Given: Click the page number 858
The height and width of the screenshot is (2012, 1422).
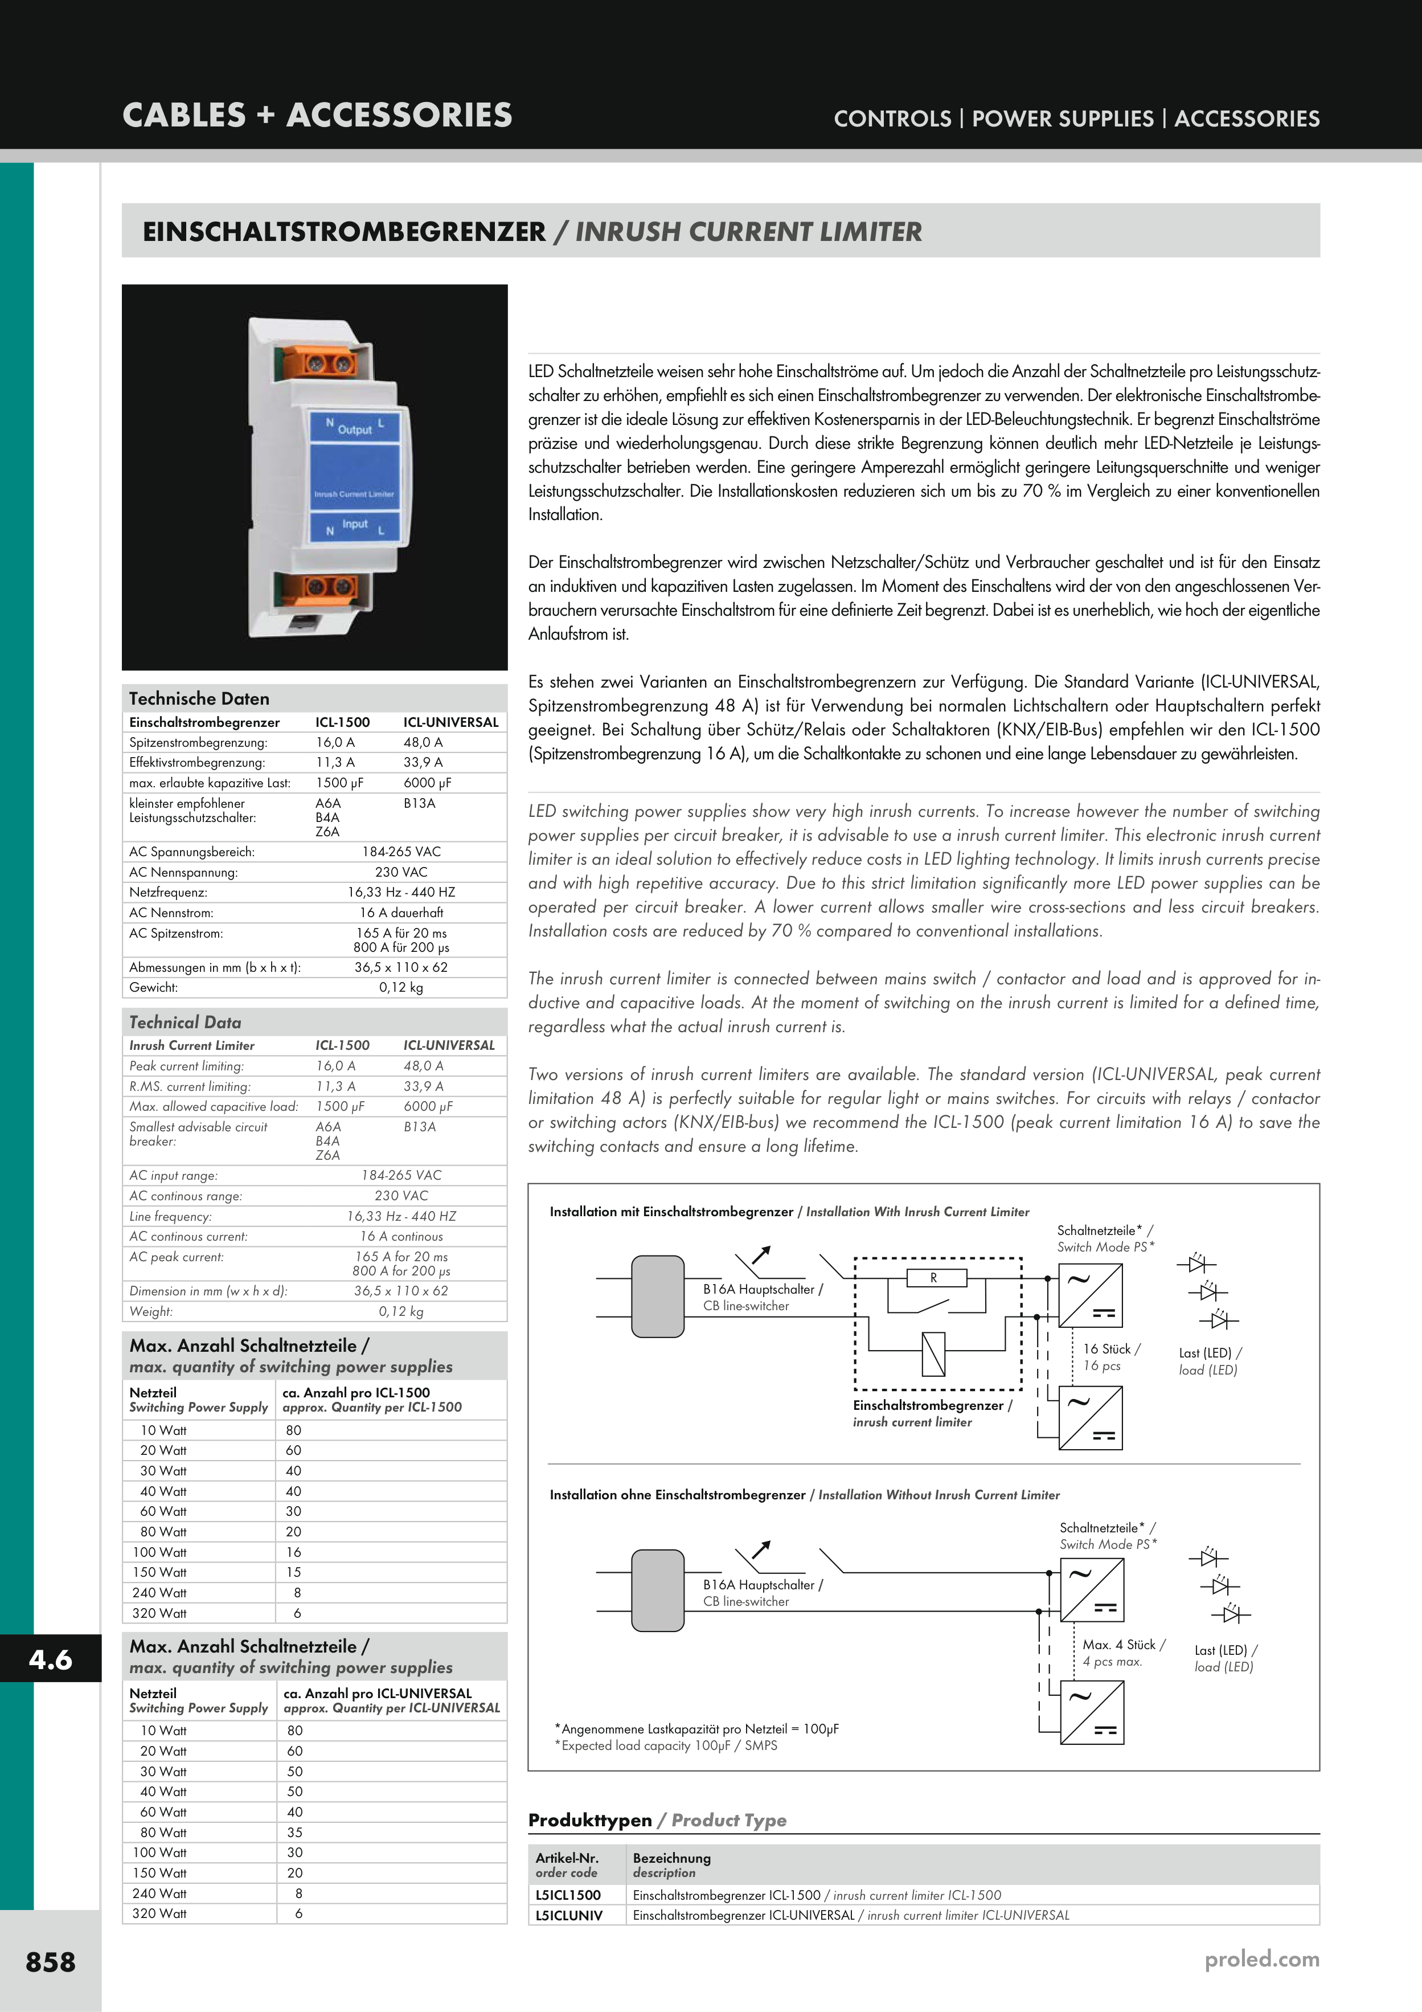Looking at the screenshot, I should (x=51, y=1961).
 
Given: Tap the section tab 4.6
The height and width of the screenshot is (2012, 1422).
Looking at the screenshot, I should (x=50, y=1659).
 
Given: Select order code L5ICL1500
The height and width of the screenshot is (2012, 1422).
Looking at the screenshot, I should (x=568, y=1895).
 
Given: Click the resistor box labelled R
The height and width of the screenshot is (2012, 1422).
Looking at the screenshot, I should (x=934, y=1278).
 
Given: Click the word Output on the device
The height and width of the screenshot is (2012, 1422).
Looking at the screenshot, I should (x=355, y=430).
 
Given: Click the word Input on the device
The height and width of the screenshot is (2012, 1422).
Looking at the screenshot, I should (x=355, y=524).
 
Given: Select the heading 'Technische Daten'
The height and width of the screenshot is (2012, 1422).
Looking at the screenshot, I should (x=199, y=698).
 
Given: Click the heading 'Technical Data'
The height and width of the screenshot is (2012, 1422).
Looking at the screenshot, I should (x=185, y=1022).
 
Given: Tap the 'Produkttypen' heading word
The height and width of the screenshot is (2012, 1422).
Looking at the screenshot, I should (x=589, y=1820).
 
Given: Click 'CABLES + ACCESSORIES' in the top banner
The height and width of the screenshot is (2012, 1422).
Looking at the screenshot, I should (x=317, y=115).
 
